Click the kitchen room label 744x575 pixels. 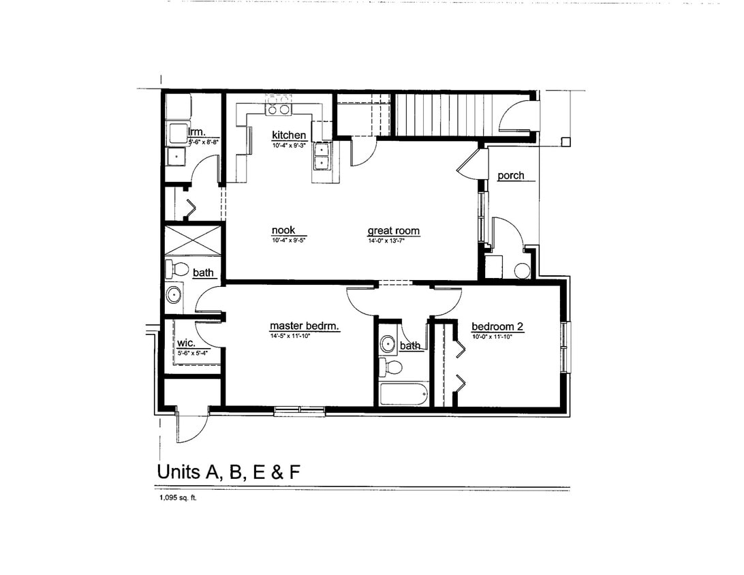(x=289, y=135)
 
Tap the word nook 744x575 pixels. (x=283, y=230)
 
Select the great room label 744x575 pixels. (x=393, y=231)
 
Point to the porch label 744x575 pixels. (x=510, y=176)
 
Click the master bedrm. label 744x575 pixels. (x=304, y=326)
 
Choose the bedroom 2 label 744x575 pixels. (x=497, y=326)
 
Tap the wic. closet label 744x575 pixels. (x=186, y=343)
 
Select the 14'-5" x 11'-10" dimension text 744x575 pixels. (x=300, y=335)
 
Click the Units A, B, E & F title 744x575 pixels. (x=228, y=471)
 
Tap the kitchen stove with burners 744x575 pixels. (x=278, y=106)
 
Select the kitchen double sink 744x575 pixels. (x=321, y=156)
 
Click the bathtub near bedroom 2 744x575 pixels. (x=403, y=393)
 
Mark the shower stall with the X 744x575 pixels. (x=193, y=239)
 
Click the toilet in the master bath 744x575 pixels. (x=176, y=268)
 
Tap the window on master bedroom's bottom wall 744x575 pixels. (x=300, y=411)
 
